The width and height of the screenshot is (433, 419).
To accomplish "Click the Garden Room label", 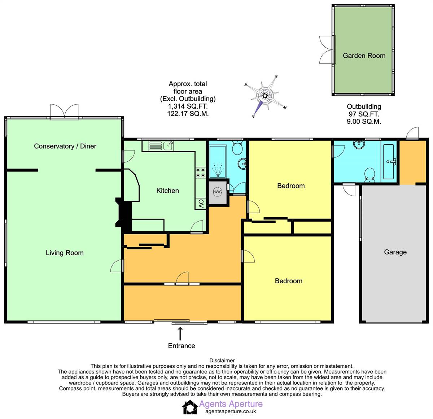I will [364, 56].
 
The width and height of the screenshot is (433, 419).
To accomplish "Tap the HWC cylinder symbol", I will [217, 192].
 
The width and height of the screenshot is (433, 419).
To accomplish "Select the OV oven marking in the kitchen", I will [201, 204].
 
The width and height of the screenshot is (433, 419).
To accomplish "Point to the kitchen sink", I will [167, 145].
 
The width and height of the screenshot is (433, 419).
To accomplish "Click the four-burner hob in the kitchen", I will [201, 173].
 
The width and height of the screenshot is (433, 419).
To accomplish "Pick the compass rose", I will [265, 96].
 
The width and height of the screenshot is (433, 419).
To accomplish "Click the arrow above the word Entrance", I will [180, 332].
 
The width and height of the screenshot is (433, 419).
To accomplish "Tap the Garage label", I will [395, 252].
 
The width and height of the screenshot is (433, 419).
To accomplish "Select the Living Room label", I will [65, 253].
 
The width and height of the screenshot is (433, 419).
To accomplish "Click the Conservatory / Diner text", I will [65, 146].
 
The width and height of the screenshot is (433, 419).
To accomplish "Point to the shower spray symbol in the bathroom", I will [217, 170].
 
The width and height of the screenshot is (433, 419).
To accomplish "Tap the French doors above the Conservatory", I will [65, 111].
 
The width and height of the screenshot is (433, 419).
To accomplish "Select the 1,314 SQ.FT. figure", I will [188, 106].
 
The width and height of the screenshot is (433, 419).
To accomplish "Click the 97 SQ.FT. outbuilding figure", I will [364, 114].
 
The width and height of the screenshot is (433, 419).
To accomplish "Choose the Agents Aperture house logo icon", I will [189, 407].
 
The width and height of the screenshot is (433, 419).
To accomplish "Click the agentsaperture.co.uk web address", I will [231, 411].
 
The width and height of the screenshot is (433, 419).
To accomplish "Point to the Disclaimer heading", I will [222, 360].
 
